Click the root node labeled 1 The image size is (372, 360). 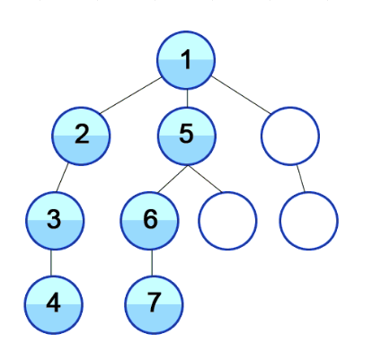(186, 60)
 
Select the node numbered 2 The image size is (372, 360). (81, 136)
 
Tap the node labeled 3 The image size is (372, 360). (54, 221)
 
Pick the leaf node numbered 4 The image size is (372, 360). (54, 305)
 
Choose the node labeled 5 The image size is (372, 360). (187, 136)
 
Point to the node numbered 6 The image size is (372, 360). (150, 221)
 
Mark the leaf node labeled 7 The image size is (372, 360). (154, 305)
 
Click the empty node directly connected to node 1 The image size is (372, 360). (290, 136)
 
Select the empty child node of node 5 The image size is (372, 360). (227, 221)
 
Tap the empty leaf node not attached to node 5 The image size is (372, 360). (309, 221)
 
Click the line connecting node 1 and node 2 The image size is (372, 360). (130, 95)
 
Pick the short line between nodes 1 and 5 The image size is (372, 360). (187, 99)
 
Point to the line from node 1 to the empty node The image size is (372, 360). (241, 95)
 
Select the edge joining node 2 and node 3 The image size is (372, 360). (62, 178)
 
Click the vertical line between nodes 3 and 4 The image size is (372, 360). (51, 263)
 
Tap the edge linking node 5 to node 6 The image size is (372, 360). (173, 179)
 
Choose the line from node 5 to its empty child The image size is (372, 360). (205, 179)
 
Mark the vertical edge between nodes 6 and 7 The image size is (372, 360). (152, 263)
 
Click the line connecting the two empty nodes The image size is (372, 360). (301, 179)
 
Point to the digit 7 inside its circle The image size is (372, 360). (154, 302)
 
